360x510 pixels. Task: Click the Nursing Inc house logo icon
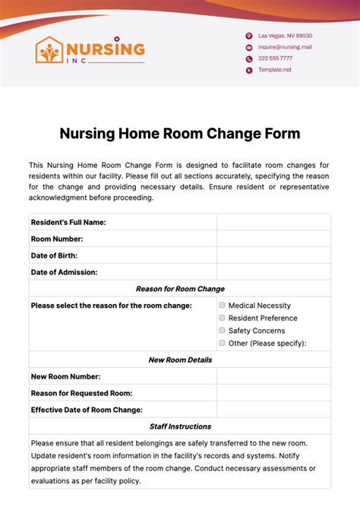[50, 51]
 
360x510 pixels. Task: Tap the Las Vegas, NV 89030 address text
[285, 36]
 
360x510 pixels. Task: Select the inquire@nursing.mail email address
[285, 47]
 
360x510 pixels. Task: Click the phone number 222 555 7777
[275, 59]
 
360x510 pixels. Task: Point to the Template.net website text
[274, 70]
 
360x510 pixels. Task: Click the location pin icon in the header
[249, 36]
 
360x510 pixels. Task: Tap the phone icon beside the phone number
[249, 59]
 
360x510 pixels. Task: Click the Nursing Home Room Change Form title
[180, 134]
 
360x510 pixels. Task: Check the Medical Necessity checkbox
[222, 306]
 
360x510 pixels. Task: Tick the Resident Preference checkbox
[222, 318]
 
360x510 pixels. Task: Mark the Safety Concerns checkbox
[222, 331]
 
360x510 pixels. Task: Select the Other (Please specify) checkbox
[222, 343]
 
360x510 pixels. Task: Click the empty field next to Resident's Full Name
[273, 222]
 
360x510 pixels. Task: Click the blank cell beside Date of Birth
[273, 255]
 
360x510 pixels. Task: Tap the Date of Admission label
[65, 272]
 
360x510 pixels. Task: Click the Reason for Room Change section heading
[180, 289]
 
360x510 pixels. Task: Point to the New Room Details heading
[180, 360]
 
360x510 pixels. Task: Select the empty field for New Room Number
[273, 376]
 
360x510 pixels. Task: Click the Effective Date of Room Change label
[87, 410]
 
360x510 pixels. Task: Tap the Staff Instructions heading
[180, 426]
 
